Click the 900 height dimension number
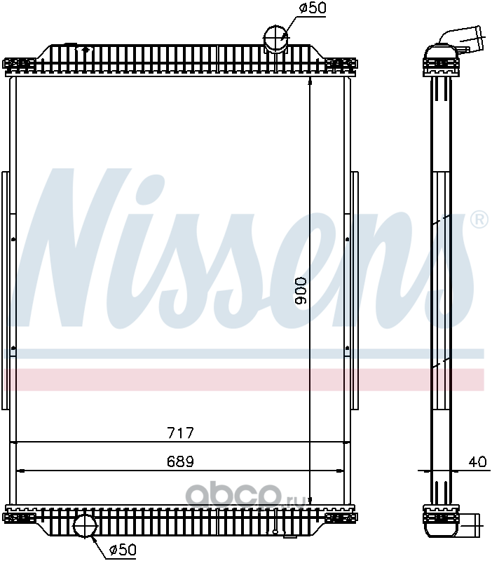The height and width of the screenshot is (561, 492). click(301, 290)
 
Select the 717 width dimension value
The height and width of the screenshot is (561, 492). click(181, 433)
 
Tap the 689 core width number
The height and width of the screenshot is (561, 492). click(181, 461)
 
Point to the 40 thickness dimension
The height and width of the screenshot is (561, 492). click(478, 461)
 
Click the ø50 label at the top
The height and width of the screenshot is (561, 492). click(312, 8)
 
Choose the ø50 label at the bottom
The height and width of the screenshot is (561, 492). click(123, 549)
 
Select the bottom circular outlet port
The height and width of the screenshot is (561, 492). click(85, 525)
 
